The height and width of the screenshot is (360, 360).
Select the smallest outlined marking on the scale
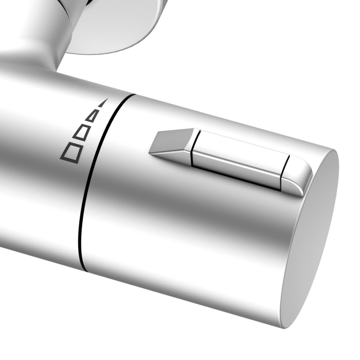(x=93, y=115)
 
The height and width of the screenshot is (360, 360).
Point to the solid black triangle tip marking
(x=102, y=103)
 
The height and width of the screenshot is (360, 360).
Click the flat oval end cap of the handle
(x=311, y=237)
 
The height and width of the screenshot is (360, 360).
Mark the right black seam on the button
(x=284, y=172)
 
